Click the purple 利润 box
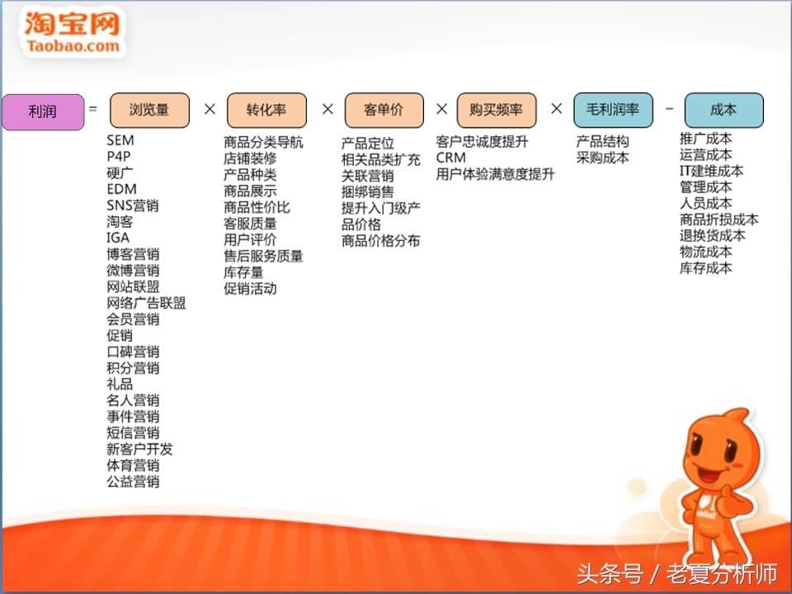pos(43,111)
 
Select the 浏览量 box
pos(149,110)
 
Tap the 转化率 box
pos(266,110)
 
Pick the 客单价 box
pos(384,110)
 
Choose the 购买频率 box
pos(497,110)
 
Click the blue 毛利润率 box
pos(613,110)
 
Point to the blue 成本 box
pos(724,110)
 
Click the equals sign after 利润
pos(93,108)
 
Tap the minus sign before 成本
pos(669,109)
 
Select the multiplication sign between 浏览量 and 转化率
pos(210,109)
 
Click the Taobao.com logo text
pos(73,46)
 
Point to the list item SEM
pos(120,140)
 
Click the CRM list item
pos(451,158)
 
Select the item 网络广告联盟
pos(146,303)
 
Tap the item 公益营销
pos(133,481)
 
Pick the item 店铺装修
pos(250,158)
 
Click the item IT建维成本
pos(711,171)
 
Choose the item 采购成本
pos(602,158)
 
